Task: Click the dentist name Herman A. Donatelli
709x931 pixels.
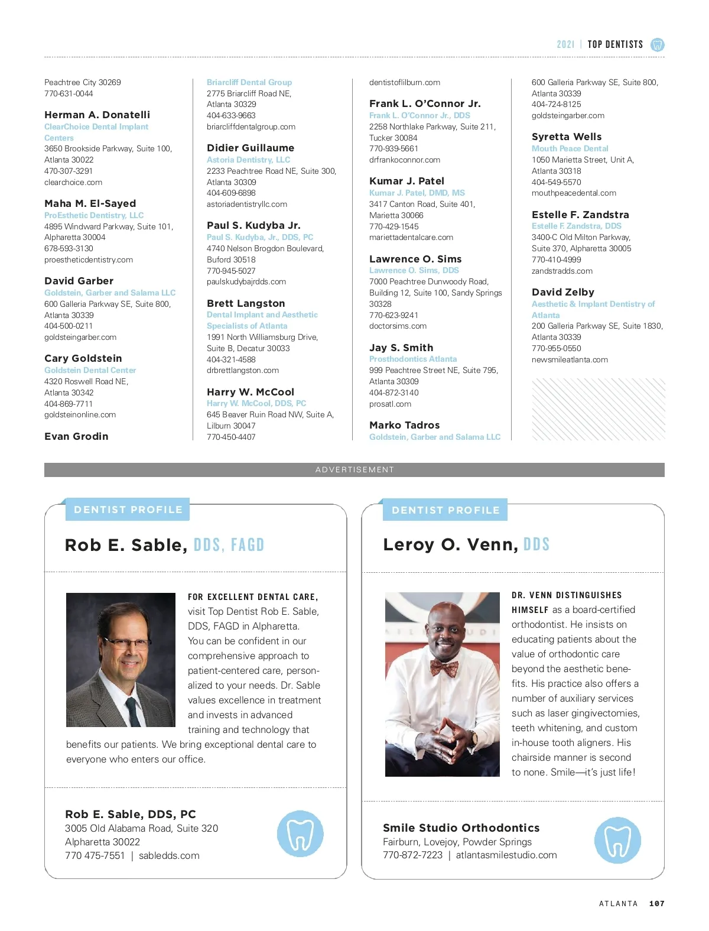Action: (x=97, y=115)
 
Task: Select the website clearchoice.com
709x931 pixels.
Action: (x=73, y=182)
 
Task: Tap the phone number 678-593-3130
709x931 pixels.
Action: (x=69, y=248)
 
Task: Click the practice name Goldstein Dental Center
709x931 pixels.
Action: (x=90, y=370)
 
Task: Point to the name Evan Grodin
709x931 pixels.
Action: (x=76, y=436)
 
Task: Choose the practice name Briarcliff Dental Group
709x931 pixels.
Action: (x=249, y=82)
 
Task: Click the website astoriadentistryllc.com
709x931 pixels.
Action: (x=247, y=204)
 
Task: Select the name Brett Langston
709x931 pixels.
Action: (x=246, y=303)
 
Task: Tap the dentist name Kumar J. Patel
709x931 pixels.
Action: (x=406, y=181)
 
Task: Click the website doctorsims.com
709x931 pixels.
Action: (x=398, y=326)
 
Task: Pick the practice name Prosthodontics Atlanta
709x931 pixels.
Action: (x=413, y=359)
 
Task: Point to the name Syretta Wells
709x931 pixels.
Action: (x=567, y=137)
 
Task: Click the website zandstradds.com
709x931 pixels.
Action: (x=562, y=271)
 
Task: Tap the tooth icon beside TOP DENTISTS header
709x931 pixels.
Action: (x=657, y=44)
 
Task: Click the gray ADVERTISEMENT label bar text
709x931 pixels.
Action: (x=354, y=470)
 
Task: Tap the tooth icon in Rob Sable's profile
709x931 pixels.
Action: (x=300, y=833)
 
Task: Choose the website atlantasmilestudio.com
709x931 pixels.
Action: (x=506, y=855)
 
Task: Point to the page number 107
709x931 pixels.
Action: (x=656, y=903)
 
